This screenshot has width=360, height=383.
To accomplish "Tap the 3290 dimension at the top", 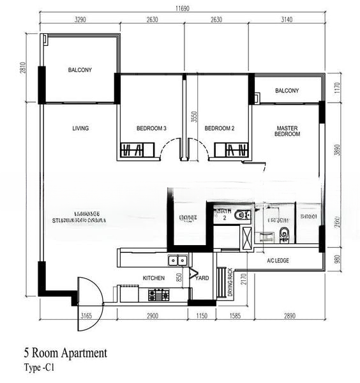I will pyautogui.click(x=80, y=20).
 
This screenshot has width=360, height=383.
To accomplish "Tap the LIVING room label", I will pyautogui.click(x=80, y=128).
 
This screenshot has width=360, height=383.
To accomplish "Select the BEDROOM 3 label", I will pyautogui.click(x=151, y=128).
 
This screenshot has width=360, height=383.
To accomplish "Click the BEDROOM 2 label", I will pyautogui.click(x=220, y=128).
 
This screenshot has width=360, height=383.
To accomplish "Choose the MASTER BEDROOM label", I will pyautogui.click(x=287, y=131).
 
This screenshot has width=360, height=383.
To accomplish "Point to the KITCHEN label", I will pyautogui.click(x=154, y=278).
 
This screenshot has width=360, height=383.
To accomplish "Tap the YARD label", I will pyautogui.click(x=202, y=278).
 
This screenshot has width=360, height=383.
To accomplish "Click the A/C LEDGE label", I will pyautogui.click(x=278, y=261).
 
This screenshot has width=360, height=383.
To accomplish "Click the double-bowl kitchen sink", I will pyautogui.click(x=177, y=260).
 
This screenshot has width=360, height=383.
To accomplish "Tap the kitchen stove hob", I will pyautogui.click(x=158, y=295).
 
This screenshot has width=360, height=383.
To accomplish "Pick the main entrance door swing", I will pyautogui.click(x=90, y=304).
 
